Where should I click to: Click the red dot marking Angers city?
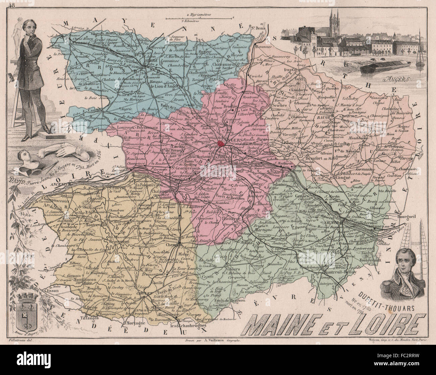[221, 144]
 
